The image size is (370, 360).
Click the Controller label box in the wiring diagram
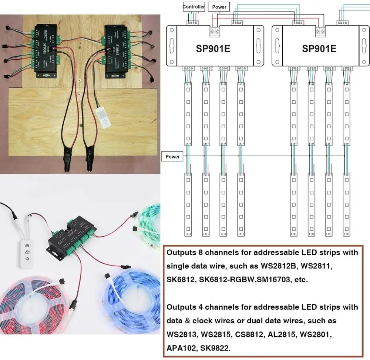(x=194, y=7)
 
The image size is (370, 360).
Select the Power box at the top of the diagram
(x=219, y=7)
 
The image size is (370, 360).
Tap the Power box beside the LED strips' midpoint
(x=172, y=157)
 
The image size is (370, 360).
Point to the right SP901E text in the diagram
(x=319, y=48)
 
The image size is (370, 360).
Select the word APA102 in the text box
(x=181, y=348)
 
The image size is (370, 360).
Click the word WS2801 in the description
(x=314, y=334)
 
